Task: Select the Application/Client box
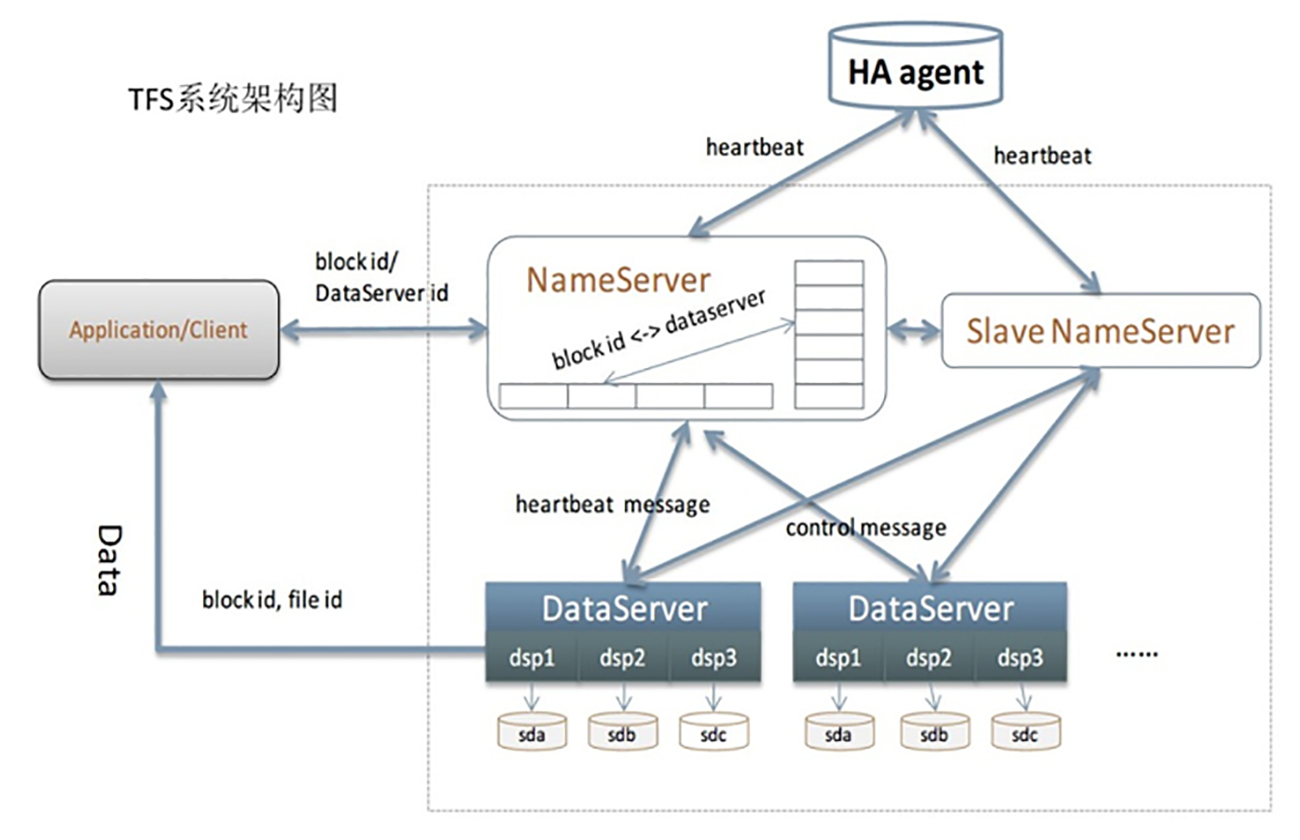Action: pyautogui.click(x=159, y=330)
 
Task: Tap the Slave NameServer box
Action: pyautogui.click(x=1100, y=331)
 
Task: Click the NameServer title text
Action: pyautogui.click(x=618, y=280)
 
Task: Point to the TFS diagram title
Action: pyautogui.click(x=232, y=98)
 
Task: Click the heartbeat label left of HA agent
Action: pyautogui.click(x=754, y=147)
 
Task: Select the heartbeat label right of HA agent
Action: pyautogui.click(x=1042, y=156)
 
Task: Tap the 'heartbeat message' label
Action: pyautogui.click(x=612, y=504)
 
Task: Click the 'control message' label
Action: pyautogui.click(x=865, y=529)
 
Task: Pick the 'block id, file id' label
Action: pyautogui.click(x=271, y=599)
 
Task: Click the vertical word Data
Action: pyautogui.click(x=109, y=559)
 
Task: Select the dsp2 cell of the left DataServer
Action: pyautogui.click(x=622, y=657)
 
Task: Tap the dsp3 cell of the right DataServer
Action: pyautogui.click(x=1019, y=657)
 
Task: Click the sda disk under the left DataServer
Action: pyautogui.click(x=532, y=733)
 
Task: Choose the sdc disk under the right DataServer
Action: pyautogui.click(x=1025, y=733)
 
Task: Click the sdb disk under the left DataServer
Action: pyautogui.click(x=622, y=733)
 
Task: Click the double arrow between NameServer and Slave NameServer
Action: pyautogui.click(x=914, y=329)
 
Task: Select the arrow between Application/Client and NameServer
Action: pyautogui.click(x=383, y=328)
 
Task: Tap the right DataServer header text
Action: pyautogui.click(x=930, y=609)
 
